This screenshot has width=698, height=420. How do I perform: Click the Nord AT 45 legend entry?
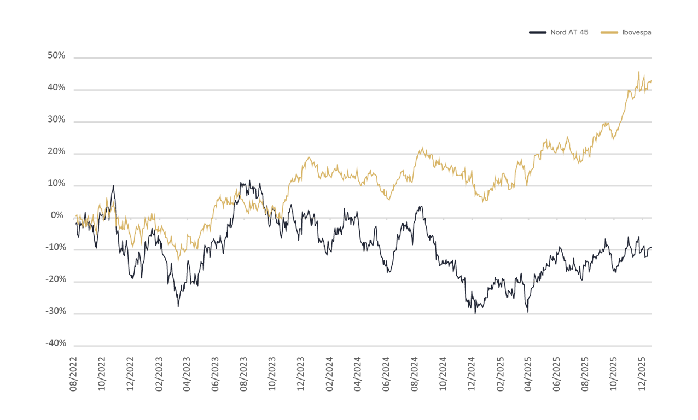pyautogui.click(x=559, y=33)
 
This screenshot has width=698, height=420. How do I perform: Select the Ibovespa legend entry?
pyautogui.click(x=626, y=33)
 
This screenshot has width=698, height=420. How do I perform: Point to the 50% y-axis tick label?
pyautogui.click(x=57, y=56)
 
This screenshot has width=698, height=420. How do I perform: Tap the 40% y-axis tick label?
pyautogui.click(x=57, y=87)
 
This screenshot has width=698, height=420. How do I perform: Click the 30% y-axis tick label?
pyautogui.click(x=57, y=120)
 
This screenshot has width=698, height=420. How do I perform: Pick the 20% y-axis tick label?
pyautogui.click(x=57, y=151)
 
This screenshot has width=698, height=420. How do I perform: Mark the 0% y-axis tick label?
pyautogui.click(x=58, y=215)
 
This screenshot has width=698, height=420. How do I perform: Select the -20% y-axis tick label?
pyautogui.click(x=56, y=279)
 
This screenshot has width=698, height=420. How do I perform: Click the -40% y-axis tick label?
pyautogui.click(x=56, y=343)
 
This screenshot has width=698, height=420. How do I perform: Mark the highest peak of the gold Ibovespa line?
pyautogui.click(x=639, y=71)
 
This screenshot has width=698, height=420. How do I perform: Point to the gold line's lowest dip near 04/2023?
pyautogui.click(x=178, y=261)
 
